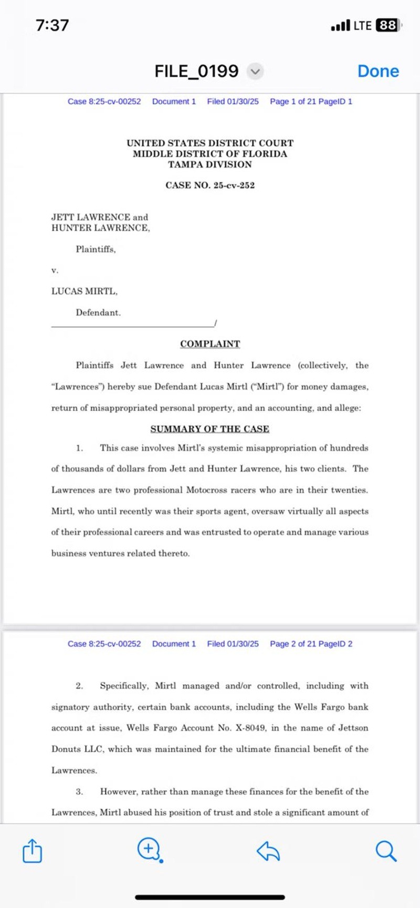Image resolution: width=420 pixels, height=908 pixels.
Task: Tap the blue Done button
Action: click(378, 71)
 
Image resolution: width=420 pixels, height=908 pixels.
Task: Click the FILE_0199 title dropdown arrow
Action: click(255, 71)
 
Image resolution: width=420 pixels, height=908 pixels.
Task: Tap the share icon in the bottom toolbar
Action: click(32, 851)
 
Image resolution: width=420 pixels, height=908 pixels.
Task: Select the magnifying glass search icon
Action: click(386, 851)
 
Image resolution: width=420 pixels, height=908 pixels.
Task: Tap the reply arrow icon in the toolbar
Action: click(268, 851)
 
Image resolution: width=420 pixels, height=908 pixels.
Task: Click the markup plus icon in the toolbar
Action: click(149, 849)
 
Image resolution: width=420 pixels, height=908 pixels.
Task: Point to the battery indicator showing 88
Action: click(388, 25)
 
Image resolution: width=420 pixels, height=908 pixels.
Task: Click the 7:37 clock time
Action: click(52, 25)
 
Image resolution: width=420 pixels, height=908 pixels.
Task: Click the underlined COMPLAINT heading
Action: click(210, 344)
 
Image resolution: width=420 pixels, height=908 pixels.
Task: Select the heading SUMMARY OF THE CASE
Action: click(210, 429)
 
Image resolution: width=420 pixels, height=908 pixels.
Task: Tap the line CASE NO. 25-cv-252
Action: click(210, 185)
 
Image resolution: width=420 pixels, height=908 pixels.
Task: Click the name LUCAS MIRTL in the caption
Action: click(84, 291)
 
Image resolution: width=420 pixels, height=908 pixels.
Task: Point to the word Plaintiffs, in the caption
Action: click(96, 249)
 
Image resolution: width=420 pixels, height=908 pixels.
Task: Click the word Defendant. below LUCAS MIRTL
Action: click(98, 312)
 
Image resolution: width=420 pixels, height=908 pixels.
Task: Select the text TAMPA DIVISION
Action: click(210, 164)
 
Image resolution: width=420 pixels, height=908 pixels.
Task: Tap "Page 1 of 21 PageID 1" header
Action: click(311, 101)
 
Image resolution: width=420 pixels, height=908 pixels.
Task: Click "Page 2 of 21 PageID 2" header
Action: click(311, 644)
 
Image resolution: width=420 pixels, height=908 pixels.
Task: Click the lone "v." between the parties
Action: click(55, 270)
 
